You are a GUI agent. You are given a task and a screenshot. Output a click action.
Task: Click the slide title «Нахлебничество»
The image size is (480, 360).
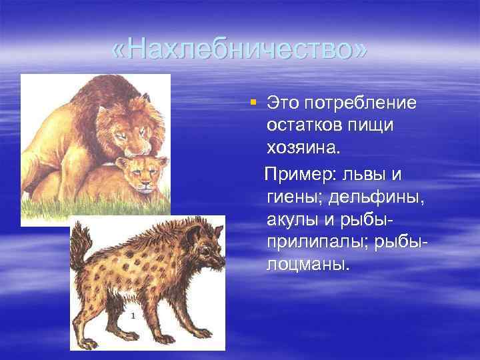(x=240, y=50)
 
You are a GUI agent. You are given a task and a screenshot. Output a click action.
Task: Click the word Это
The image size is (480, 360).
(x=282, y=103)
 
